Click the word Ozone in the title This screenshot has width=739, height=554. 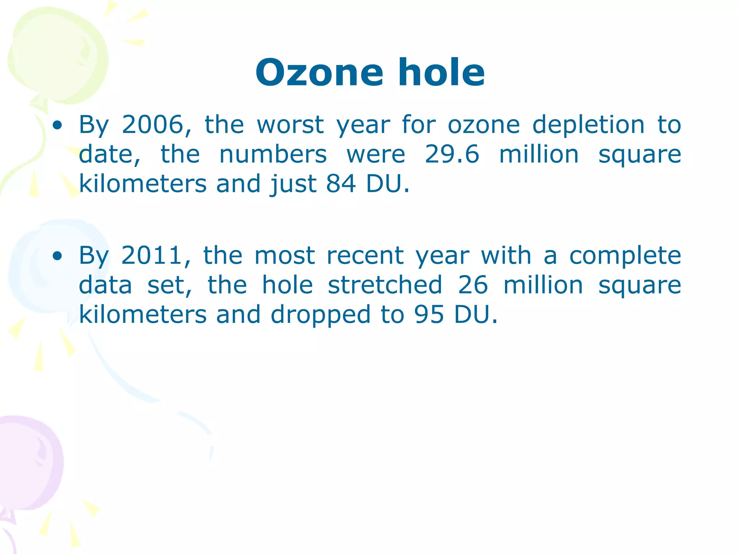pos(319,73)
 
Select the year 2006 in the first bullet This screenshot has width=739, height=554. pos(153,125)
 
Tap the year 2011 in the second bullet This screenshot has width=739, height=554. pos(152,256)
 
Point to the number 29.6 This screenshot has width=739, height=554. pos(452,154)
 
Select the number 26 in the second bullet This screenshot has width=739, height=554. pos(473,285)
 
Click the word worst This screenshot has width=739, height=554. pos(290,125)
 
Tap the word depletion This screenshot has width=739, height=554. pos(588,125)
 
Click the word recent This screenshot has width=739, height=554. pos(365,256)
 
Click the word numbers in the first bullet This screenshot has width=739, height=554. pos(273,154)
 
